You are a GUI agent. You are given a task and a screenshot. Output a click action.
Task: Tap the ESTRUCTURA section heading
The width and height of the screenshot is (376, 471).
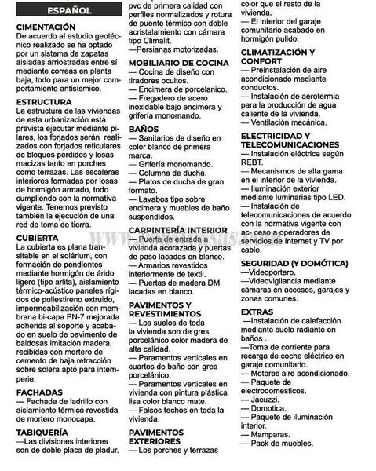coord(48,103)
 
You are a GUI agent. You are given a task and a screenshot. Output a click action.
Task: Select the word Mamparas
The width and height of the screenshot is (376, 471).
coord(274,433)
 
